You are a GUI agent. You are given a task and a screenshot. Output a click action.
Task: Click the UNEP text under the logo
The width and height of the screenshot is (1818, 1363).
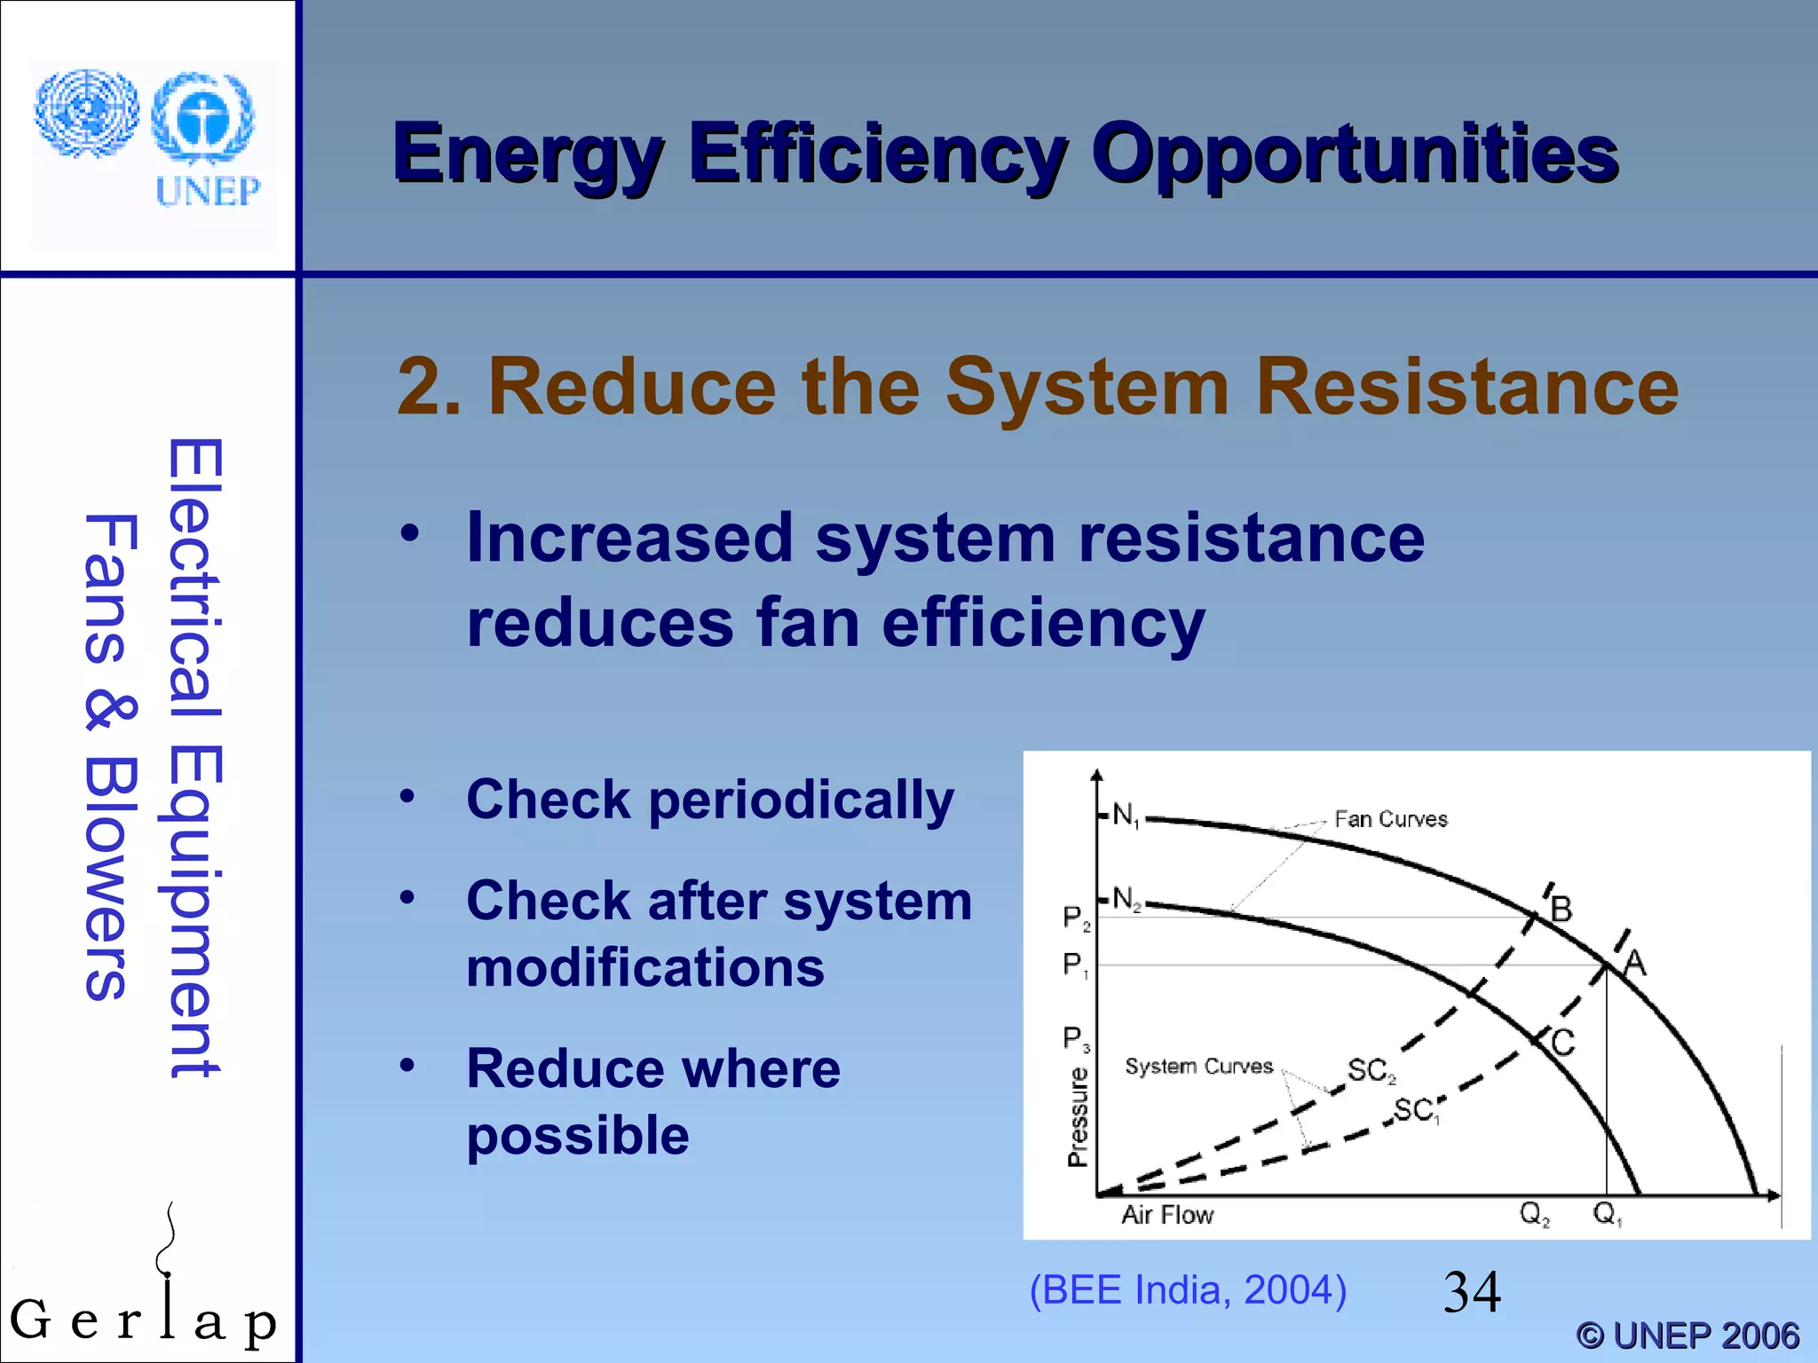point(208,191)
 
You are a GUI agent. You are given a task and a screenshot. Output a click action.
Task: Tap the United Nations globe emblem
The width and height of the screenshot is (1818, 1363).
point(86,114)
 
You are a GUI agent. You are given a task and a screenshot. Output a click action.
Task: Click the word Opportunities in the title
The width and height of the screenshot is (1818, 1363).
point(1355,154)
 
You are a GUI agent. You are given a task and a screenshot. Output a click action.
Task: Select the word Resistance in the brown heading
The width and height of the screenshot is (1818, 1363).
point(1466,386)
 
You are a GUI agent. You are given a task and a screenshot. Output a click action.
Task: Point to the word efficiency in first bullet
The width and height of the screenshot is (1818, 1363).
point(1043,623)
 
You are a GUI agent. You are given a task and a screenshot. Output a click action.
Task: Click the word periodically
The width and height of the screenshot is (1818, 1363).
point(801,800)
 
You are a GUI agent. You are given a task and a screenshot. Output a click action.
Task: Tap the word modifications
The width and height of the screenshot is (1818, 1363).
point(645,967)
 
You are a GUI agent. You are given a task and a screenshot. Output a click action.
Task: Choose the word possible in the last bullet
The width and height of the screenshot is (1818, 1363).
point(578,1136)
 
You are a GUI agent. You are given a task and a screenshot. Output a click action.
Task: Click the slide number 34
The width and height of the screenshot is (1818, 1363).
point(1472,1292)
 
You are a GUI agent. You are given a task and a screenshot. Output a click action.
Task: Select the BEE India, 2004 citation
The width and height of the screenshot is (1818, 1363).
point(1188,1290)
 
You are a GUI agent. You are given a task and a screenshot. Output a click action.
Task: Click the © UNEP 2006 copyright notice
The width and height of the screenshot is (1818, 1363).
point(1688,1335)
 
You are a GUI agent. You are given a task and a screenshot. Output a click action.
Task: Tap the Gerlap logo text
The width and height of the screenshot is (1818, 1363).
point(142,1320)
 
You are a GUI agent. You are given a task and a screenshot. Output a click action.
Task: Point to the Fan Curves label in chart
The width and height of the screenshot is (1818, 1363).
point(1390,819)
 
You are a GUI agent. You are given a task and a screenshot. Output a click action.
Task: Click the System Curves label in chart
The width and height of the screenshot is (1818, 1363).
point(1198,1066)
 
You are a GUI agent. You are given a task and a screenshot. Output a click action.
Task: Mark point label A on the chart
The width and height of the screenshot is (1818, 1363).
point(1634,962)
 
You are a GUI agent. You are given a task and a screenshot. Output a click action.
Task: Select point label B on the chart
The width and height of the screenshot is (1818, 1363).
point(1561,910)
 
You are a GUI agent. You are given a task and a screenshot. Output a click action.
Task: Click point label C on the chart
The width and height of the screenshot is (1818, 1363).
point(1562,1042)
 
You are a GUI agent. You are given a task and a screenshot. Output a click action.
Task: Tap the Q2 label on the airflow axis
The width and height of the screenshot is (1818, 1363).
point(1534,1213)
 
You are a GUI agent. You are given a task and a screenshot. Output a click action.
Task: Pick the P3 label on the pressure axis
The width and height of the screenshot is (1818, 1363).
point(1076,1038)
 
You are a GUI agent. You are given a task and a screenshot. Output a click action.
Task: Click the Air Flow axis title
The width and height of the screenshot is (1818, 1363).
point(1166,1215)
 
